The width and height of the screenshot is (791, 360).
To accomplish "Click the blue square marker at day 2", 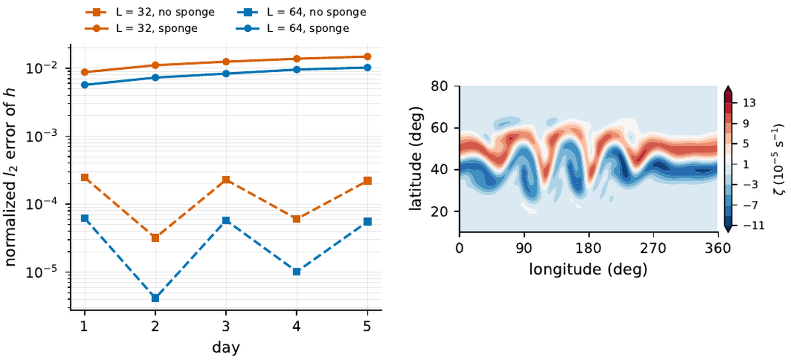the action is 155,298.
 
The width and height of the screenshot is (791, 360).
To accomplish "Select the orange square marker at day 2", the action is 155,238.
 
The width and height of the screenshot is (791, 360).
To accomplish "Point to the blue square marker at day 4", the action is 297,272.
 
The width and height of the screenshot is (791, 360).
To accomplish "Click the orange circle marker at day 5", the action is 367,57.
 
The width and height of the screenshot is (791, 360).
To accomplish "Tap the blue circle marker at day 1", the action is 84,85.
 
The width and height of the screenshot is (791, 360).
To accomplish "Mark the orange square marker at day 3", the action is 226,179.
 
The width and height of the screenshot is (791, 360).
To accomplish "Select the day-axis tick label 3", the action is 226,327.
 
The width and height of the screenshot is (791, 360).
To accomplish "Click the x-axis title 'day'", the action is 226,348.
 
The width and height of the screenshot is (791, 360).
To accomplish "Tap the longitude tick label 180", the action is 589,249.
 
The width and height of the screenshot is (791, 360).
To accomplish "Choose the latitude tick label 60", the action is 439,127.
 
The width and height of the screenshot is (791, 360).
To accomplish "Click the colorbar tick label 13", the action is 749,102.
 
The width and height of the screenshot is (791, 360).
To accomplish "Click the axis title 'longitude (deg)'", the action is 588,269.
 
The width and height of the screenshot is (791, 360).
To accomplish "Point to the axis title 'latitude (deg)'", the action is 416,159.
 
